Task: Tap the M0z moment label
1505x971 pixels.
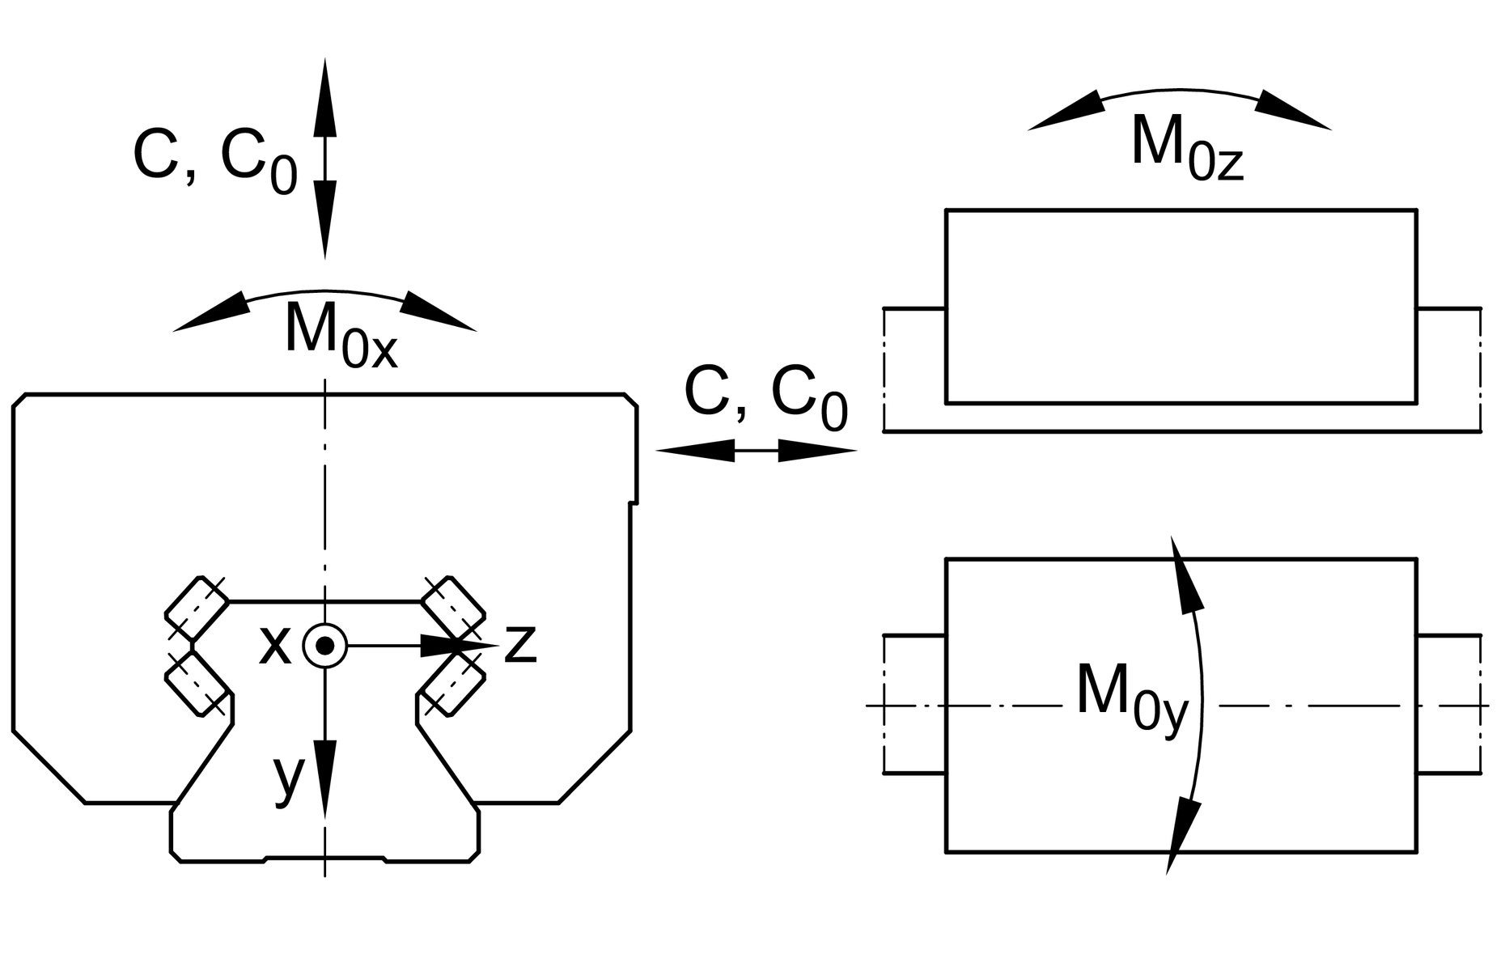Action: click(1186, 146)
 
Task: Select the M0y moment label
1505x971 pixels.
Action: click(1131, 696)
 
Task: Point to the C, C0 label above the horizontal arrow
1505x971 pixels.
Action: click(765, 396)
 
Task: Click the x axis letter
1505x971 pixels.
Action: click(274, 646)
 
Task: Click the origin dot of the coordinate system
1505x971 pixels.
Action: click(324, 646)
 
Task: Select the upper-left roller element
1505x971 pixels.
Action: click(197, 607)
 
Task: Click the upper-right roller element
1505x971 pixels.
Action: click(453, 607)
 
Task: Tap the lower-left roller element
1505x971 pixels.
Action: click(197, 684)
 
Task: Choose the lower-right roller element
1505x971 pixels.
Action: click(453, 684)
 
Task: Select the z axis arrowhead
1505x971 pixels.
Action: click(457, 645)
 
